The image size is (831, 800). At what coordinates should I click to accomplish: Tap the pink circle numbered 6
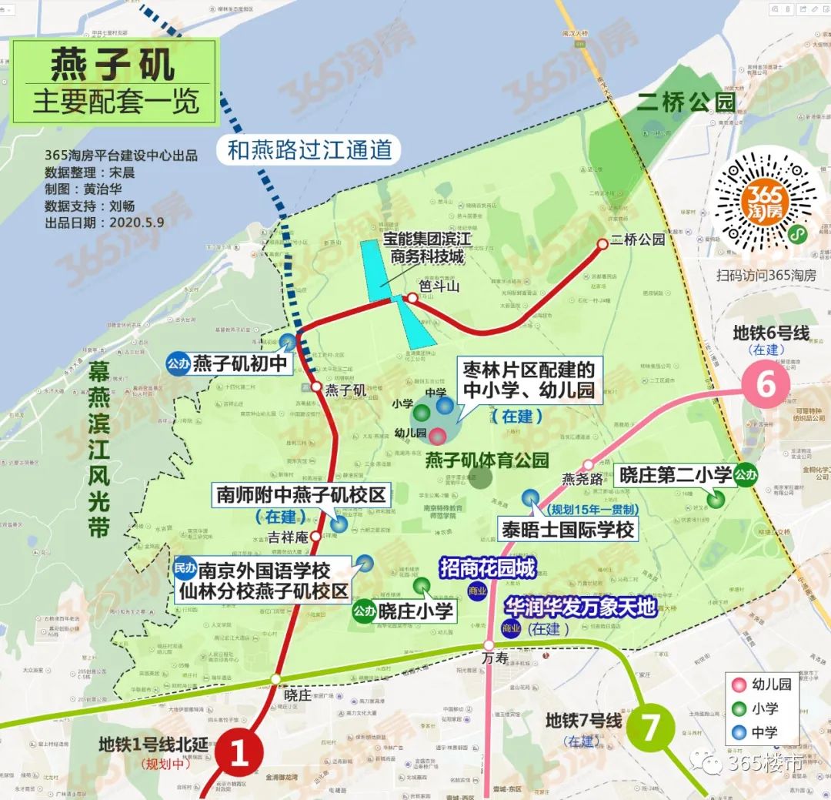point(766,383)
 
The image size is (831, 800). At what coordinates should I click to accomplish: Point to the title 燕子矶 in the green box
point(113,67)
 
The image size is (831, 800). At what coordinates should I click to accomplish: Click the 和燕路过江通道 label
point(309,149)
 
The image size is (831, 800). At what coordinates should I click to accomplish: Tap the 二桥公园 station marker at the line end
point(602,245)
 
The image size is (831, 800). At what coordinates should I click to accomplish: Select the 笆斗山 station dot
point(413,298)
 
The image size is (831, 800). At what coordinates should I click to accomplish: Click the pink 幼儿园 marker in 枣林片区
point(437,436)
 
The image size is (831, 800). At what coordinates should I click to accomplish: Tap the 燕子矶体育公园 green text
point(487,460)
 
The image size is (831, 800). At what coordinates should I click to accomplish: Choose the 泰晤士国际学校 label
point(568,530)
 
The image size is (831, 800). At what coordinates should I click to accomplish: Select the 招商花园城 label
point(486,568)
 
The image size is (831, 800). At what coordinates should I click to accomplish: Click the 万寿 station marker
point(489,645)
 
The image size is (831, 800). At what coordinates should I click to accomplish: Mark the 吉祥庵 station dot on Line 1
point(315,537)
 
